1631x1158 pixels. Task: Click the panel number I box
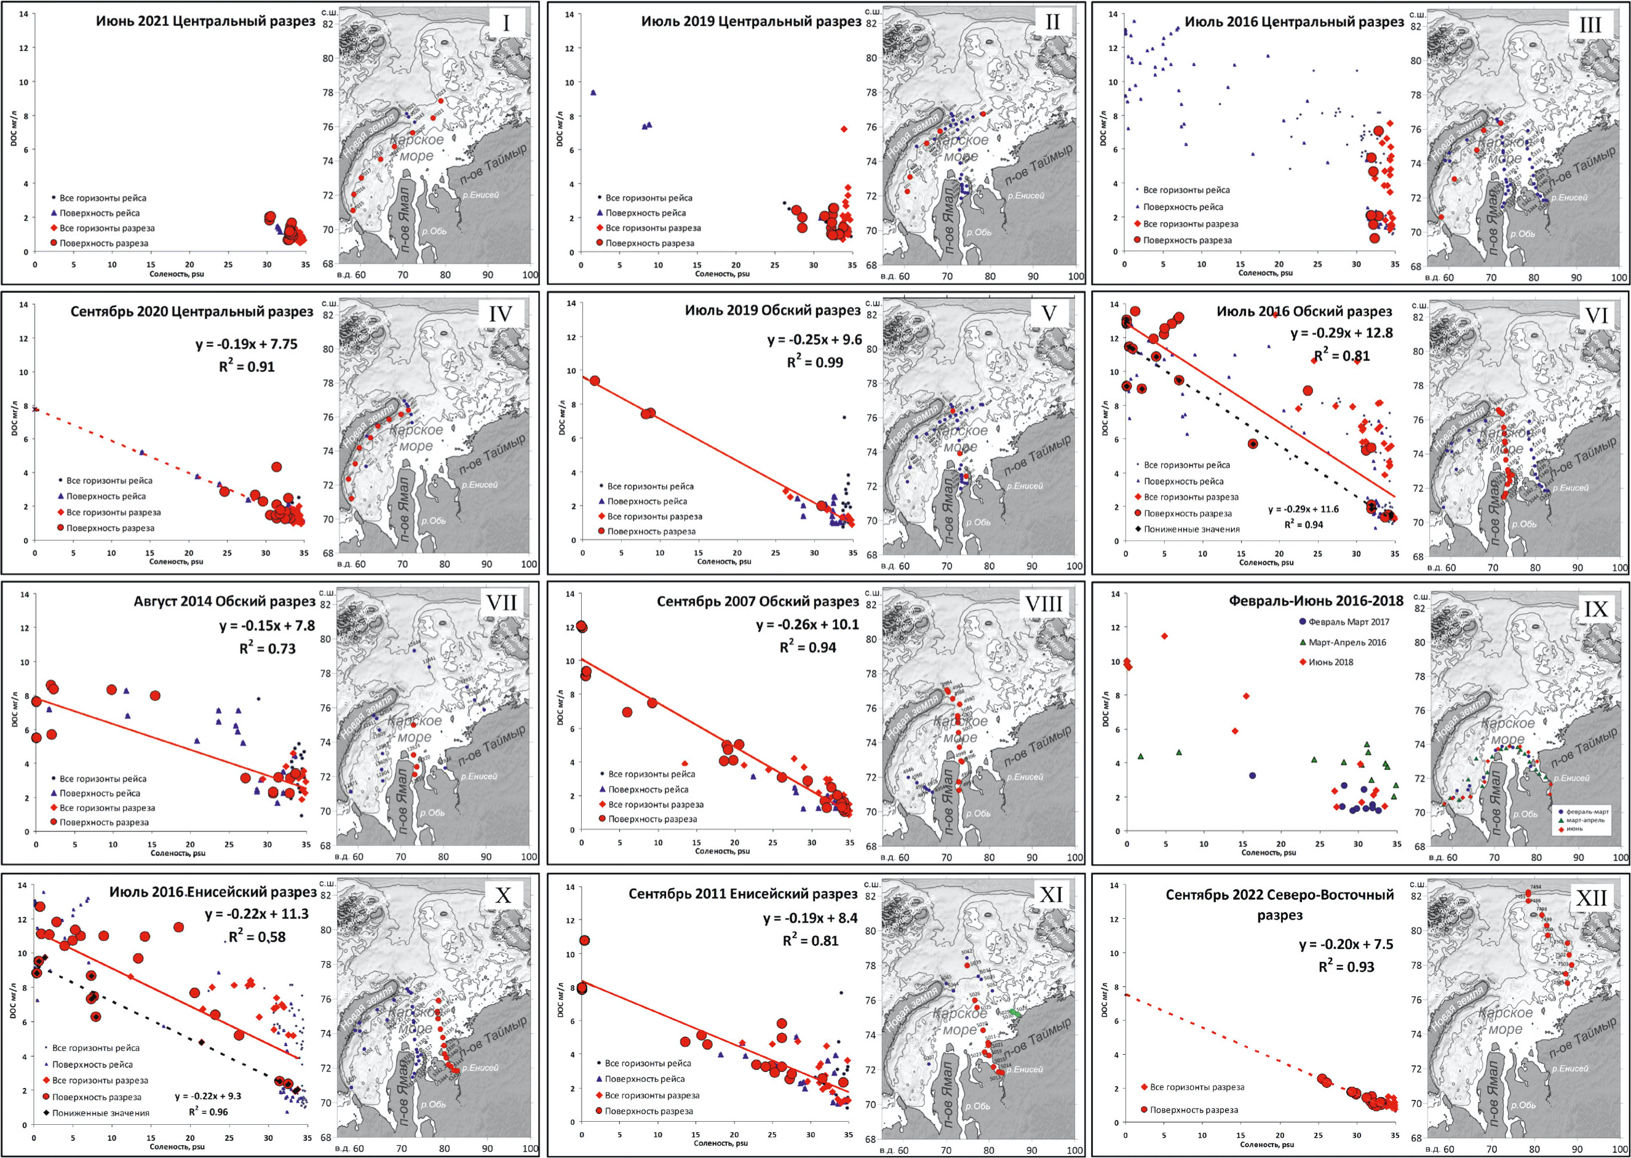(x=506, y=23)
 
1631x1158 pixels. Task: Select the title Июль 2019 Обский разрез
(x=772, y=311)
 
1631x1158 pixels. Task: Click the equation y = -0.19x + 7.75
(x=246, y=344)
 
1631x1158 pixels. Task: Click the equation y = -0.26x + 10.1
(x=808, y=625)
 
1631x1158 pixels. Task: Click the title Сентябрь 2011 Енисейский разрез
(x=742, y=894)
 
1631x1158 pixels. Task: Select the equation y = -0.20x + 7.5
(x=1346, y=945)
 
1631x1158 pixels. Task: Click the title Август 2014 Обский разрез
(x=224, y=602)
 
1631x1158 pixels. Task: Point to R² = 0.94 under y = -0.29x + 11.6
(x=1304, y=525)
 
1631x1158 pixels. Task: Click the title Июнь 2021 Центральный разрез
(x=205, y=22)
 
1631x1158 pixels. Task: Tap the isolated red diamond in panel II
(x=844, y=129)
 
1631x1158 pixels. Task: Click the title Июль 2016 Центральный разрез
(x=1294, y=22)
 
